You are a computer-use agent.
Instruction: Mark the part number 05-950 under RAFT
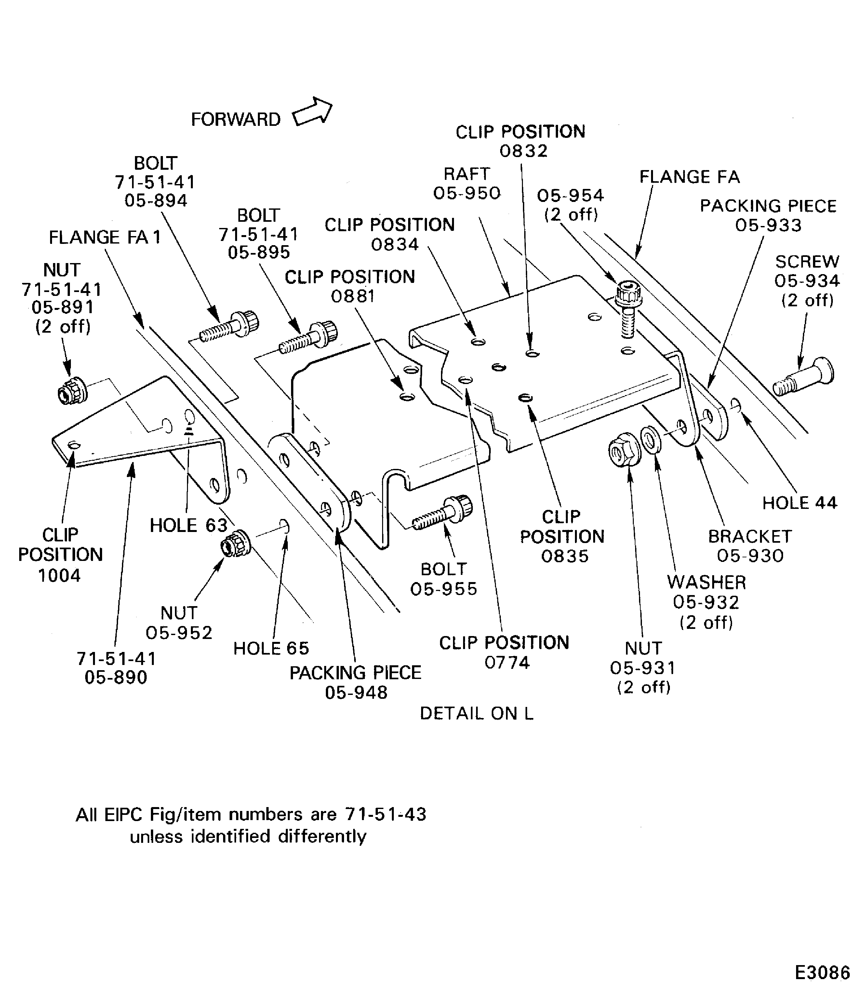467,193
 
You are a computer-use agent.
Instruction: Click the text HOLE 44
799,503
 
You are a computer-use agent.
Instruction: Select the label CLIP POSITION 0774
504,652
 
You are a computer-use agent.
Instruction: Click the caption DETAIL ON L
476,713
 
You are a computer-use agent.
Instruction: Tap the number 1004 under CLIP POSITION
60,575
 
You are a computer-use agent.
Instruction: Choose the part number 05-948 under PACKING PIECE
356,693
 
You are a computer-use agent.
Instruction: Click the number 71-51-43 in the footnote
386,814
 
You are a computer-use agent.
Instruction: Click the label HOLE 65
271,648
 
